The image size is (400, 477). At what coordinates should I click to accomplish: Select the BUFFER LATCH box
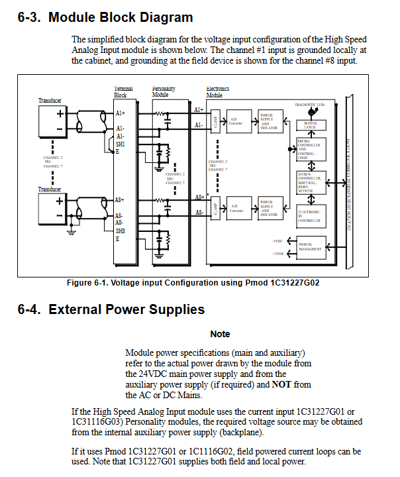click(x=310, y=125)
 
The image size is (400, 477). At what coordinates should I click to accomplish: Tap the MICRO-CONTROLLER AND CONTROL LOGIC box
click(x=309, y=149)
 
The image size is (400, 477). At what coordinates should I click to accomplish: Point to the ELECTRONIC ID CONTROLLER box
click(x=309, y=213)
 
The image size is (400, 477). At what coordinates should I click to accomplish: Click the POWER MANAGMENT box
click(x=310, y=248)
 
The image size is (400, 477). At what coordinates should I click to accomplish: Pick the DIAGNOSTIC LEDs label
click(x=309, y=105)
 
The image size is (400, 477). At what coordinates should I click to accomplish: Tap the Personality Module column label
click(x=164, y=91)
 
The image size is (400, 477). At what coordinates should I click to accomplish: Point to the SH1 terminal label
click(x=120, y=143)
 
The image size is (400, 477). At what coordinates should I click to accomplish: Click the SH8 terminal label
click(x=120, y=231)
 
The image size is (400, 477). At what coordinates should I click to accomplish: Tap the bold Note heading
click(x=220, y=334)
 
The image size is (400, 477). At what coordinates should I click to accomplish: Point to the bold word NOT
click(x=282, y=384)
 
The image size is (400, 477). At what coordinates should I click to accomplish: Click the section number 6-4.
click(x=30, y=309)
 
